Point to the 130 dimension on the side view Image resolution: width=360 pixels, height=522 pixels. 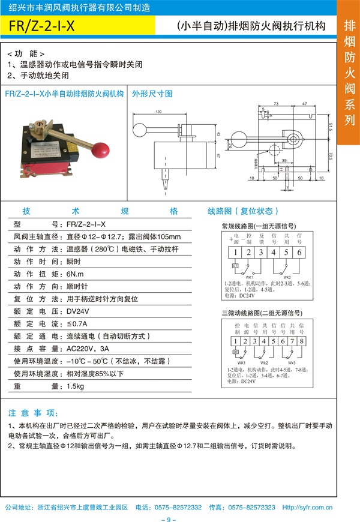[x=158, y=112]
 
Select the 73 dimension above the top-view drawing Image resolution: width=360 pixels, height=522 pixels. [x=277, y=103]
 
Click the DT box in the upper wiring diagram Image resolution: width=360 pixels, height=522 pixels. [x=235, y=265]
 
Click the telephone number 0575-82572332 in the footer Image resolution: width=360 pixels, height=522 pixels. [x=178, y=507]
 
